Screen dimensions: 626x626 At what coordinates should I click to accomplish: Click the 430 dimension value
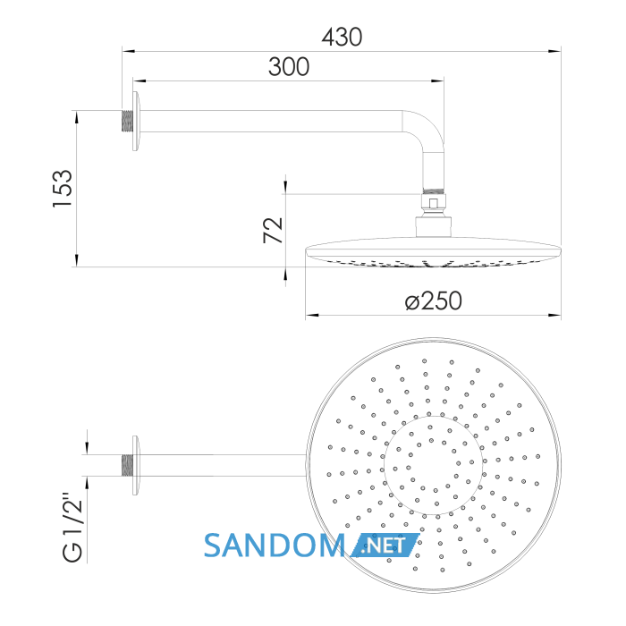pos(342,38)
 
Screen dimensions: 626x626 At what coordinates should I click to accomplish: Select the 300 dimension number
pos(289,67)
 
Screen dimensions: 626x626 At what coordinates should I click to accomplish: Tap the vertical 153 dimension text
pos(63,189)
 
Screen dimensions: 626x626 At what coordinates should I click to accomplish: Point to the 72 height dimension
pos(273,231)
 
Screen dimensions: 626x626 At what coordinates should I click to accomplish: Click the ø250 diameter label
pos(433,301)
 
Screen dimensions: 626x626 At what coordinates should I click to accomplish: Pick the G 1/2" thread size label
pos(72,527)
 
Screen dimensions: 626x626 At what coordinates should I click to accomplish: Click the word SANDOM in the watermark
pos(275,546)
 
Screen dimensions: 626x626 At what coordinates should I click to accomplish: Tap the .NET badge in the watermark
pos(385,546)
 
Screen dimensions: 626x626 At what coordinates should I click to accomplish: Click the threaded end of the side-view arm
pos(127,121)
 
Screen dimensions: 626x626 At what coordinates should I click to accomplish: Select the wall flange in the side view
pos(137,122)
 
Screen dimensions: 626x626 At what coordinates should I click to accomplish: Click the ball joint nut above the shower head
pos(434,202)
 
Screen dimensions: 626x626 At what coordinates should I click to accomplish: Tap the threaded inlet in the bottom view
pos(127,465)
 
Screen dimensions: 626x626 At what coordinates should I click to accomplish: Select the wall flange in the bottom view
pos(136,466)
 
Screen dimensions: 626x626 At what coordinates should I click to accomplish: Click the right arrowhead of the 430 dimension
pos(554,52)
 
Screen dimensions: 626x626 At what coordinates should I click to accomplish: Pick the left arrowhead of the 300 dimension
pos(140,81)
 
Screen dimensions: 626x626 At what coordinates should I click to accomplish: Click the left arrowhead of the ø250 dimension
pos(312,316)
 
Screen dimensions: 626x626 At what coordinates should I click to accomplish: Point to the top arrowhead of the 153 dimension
pos(77,117)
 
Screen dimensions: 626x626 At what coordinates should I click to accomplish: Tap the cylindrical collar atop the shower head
pos(434,227)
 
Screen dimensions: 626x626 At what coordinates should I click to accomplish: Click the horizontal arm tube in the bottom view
pos(223,465)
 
